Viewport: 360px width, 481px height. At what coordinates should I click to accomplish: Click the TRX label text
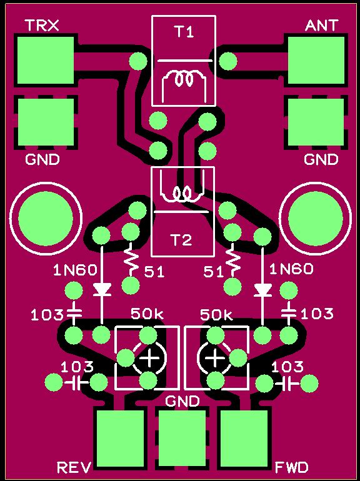[42, 26]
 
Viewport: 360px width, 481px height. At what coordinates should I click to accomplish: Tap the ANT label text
[321, 26]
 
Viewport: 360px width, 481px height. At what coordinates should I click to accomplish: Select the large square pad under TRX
[46, 61]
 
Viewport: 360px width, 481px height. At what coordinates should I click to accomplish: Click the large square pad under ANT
[316, 61]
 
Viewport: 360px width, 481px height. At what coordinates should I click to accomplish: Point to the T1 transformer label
[184, 32]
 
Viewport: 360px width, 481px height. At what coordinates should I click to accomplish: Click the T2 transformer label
[182, 240]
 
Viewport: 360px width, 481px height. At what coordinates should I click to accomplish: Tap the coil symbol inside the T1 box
[184, 80]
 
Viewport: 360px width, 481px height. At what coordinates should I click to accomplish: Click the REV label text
[74, 467]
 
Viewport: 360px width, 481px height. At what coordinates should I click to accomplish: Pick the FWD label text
[291, 467]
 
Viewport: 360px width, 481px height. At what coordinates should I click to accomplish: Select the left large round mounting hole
[46, 219]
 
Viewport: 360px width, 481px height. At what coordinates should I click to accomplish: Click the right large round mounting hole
[316, 219]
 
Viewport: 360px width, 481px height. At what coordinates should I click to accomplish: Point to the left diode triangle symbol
[102, 289]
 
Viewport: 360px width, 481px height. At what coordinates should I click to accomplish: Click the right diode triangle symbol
[262, 289]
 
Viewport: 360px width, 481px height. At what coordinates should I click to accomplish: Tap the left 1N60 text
[75, 270]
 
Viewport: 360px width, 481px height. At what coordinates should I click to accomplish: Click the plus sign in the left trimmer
[149, 358]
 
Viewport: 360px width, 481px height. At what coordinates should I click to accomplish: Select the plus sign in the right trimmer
[215, 358]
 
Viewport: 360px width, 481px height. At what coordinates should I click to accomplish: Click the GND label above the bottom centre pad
[182, 401]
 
